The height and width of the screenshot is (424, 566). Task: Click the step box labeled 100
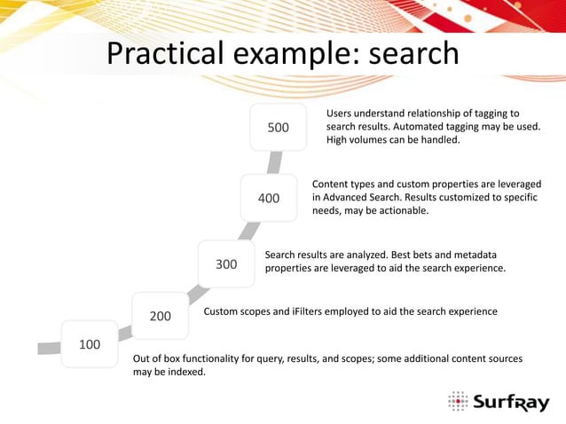[89, 344]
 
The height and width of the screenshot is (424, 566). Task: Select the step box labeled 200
[160, 315]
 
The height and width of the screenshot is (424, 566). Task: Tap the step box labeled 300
[226, 263]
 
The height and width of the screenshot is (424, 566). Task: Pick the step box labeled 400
[269, 198]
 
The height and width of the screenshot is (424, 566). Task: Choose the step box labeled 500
[279, 127]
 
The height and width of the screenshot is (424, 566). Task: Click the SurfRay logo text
[510, 404]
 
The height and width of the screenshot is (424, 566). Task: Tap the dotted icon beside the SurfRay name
[458, 402]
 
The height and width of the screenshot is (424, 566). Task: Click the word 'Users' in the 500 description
[342, 113]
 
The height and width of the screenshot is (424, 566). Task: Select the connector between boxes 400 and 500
[275, 161]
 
